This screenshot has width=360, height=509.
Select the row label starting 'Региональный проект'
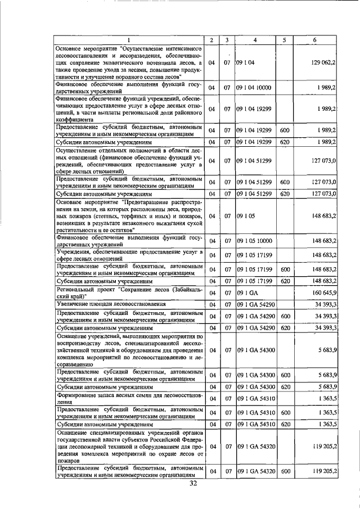(129, 292)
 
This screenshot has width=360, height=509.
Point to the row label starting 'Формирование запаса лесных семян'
(129, 399)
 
